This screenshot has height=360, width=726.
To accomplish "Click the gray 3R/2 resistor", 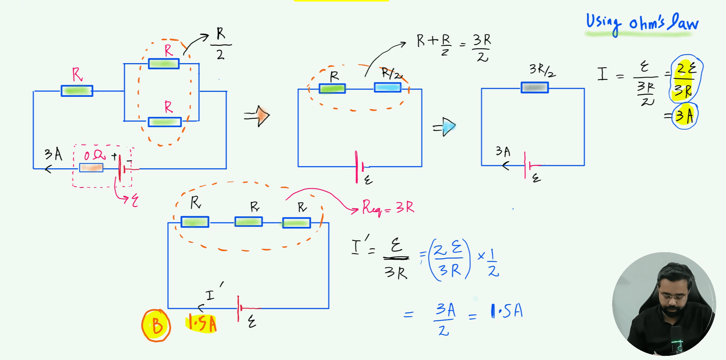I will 534,88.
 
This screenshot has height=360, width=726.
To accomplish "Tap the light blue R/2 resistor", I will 388,88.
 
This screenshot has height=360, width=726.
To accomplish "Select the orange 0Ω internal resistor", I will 91,168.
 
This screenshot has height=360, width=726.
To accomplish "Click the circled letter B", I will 156,326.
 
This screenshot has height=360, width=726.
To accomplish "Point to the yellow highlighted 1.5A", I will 202,324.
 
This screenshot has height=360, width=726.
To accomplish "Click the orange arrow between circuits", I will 259,116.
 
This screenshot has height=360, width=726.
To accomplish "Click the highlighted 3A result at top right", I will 685,116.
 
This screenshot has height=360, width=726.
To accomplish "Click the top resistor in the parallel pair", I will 164,64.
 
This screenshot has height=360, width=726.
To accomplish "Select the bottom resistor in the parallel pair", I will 164,122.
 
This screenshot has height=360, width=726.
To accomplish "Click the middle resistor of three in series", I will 248,222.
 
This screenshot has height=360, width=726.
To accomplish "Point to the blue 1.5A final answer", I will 506,311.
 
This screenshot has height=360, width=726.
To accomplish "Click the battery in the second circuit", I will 358,166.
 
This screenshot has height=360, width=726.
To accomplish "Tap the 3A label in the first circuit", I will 53,154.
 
